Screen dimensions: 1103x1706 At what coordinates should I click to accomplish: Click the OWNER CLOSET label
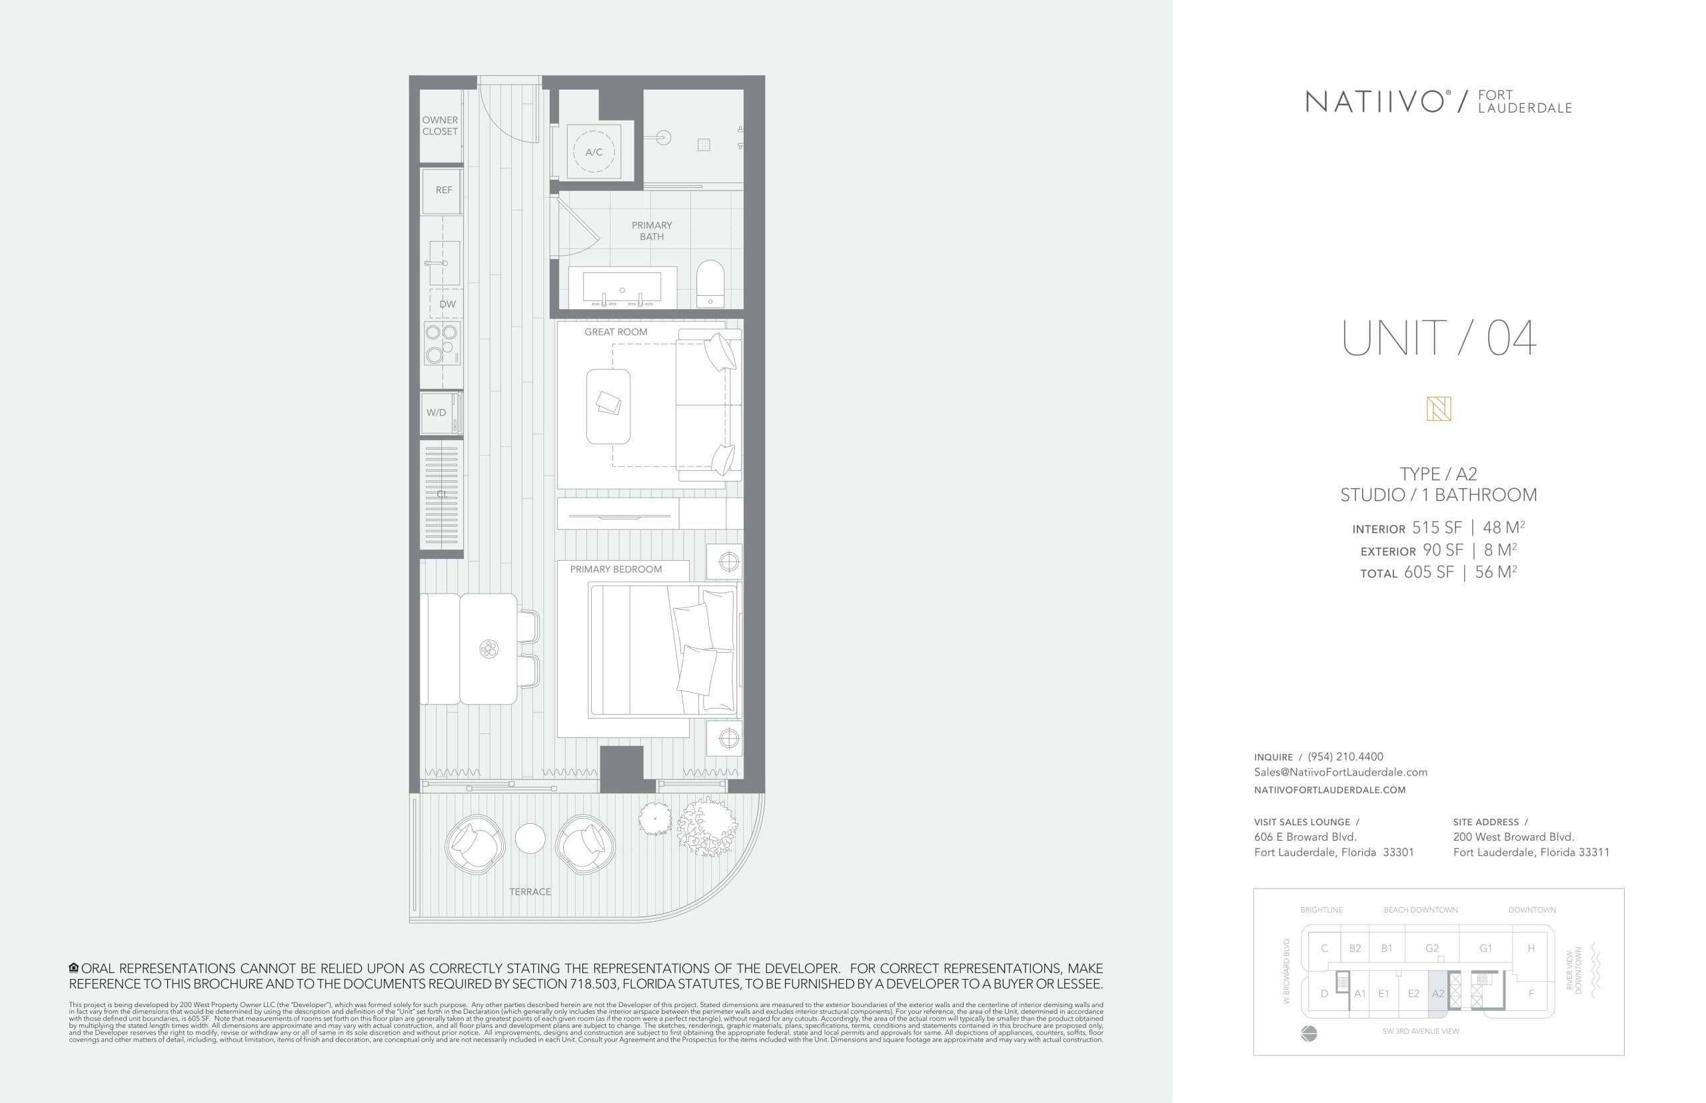click(x=439, y=126)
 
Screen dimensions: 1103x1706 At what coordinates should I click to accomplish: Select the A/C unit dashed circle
click(x=593, y=152)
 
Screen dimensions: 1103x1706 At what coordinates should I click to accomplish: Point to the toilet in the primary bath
click(x=710, y=283)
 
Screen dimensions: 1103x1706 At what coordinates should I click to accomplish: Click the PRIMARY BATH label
click(x=651, y=230)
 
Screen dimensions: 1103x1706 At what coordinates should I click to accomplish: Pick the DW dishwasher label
click(x=447, y=304)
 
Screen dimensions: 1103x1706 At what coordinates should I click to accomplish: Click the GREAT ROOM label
click(x=616, y=332)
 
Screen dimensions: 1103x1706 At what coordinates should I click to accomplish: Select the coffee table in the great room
click(x=608, y=406)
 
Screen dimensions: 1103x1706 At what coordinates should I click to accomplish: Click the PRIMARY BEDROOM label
click(x=616, y=569)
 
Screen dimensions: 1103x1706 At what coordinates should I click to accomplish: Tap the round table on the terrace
click(x=530, y=839)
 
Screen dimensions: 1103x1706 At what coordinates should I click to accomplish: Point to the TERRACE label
click(x=530, y=892)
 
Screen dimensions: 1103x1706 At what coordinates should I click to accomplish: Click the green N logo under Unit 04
click(x=1438, y=409)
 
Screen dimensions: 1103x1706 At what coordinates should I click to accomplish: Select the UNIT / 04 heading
click(x=1438, y=338)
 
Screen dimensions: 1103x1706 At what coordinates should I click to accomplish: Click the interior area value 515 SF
click(x=1436, y=528)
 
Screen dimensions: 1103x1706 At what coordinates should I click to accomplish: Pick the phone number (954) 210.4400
click(x=1345, y=757)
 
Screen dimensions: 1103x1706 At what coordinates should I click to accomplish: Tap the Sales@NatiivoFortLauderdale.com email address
click(x=1340, y=772)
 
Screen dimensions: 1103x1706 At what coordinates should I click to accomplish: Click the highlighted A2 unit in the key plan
click(x=1437, y=993)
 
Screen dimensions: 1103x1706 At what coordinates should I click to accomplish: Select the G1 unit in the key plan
click(x=1485, y=948)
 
